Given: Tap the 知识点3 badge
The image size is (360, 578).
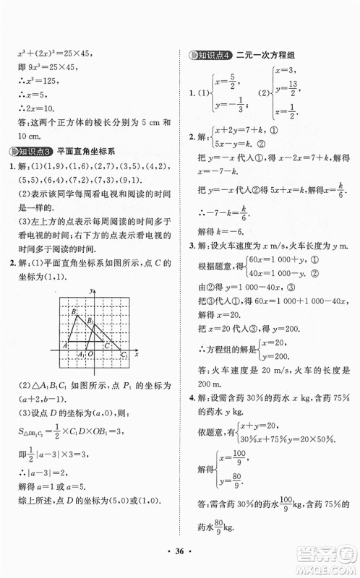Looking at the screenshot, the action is tap(31, 150).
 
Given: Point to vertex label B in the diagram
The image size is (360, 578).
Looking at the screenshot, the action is tap(73, 311).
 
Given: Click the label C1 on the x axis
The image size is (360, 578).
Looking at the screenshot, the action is tap(124, 355).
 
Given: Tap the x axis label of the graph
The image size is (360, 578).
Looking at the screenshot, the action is tap(136, 355).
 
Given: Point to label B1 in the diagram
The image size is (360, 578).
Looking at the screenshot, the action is tap(90, 319).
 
